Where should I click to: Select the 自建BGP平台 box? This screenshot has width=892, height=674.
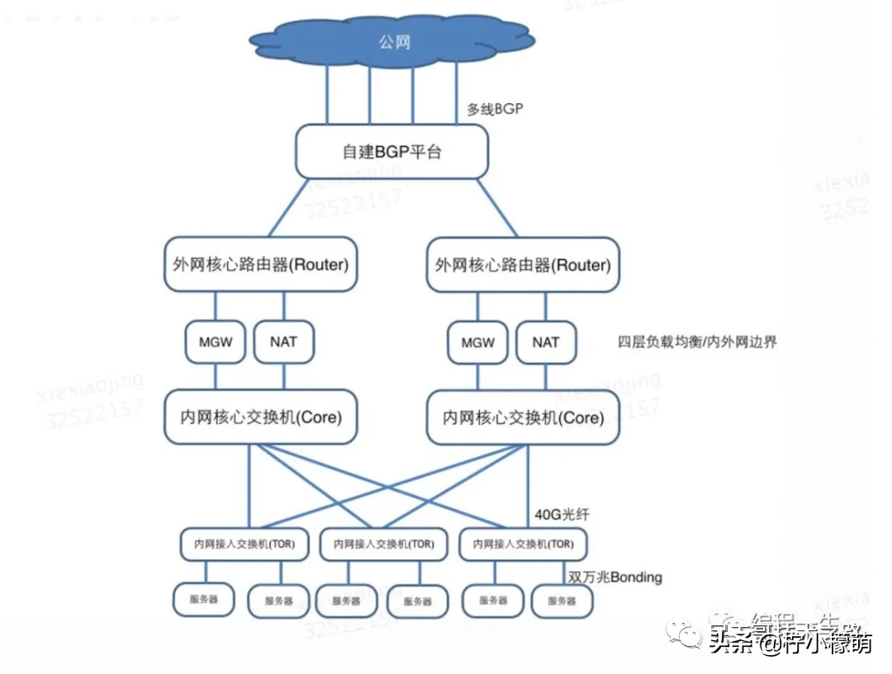[x=391, y=152]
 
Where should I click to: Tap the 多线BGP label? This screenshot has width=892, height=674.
[x=495, y=109]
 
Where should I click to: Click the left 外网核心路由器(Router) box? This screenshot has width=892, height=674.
[x=261, y=265]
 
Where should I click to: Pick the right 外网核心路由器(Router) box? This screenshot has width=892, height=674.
[x=523, y=265]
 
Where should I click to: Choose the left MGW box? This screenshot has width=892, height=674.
[x=216, y=342]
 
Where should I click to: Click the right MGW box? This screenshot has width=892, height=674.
[x=478, y=342]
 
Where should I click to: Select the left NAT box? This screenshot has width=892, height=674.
[x=283, y=342]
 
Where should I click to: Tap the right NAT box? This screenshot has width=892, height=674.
[x=546, y=342]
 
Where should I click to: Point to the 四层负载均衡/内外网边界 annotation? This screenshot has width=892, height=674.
[x=697, y=342]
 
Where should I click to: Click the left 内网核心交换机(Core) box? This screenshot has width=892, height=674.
[x=261, y=417]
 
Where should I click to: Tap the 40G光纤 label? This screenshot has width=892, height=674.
[x=562, y=515]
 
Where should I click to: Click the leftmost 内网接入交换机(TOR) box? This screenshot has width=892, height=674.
[x=244, y=544]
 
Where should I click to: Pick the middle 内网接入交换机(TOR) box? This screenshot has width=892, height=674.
[x=384, y=544]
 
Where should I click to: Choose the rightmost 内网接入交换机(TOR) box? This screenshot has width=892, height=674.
[x=524, y=544]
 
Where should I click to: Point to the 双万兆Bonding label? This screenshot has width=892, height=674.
[x=615, y=577]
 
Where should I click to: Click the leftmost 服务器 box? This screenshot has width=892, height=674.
[x=204, y=600]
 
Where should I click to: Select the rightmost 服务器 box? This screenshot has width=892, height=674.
[x=562, y=601]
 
